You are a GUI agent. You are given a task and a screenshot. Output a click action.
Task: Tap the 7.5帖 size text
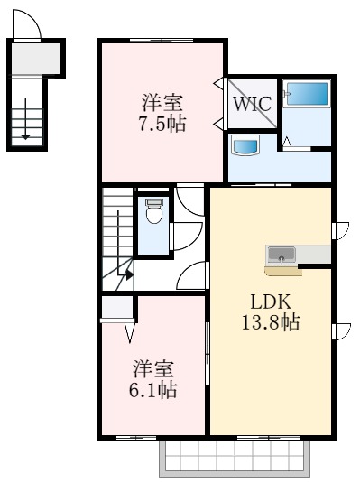point(162,125)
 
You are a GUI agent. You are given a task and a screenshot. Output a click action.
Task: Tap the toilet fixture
point(153,213)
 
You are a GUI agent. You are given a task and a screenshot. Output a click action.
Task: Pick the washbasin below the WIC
point(245,144)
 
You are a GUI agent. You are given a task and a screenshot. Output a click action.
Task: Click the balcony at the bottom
point(235,458)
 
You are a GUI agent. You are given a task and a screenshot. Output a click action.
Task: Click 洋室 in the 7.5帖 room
point(163,100)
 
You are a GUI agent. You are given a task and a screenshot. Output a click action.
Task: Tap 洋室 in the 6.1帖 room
point(154,368)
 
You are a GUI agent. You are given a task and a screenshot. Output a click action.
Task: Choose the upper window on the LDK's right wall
point(341,231)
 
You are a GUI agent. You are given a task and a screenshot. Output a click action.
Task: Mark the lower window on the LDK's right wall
point(341,330)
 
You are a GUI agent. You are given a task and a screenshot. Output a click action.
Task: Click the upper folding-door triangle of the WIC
point(217,86)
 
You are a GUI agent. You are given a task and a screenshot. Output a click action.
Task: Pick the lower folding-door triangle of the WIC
point(217,124)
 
